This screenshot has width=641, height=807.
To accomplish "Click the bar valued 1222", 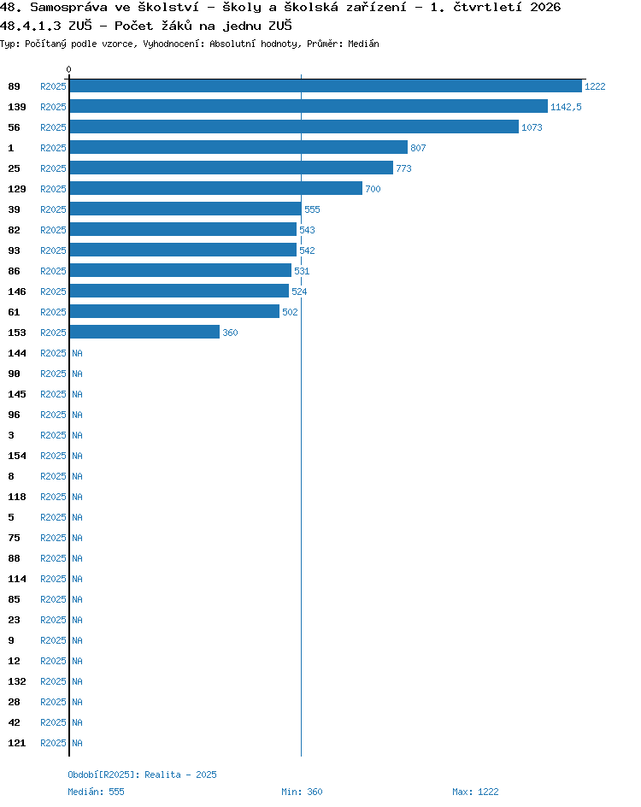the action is [x=326, y=86].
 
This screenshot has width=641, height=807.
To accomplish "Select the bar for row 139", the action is [x=309, y=107].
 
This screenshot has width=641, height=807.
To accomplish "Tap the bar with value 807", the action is [x=238, y=148].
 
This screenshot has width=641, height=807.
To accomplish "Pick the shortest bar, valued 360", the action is [x=144, y=333].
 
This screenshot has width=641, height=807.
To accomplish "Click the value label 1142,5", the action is [x=566, y=107].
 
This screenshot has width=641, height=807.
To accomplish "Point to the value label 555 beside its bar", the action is [x=312, y=209].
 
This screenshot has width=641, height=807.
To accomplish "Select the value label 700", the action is [x=373, y=189].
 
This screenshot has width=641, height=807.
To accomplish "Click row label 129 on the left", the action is [x=17, y=189].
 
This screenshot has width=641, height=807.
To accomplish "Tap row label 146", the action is [x=17, y=292].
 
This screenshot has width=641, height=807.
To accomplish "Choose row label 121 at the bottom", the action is [x=17, y=743].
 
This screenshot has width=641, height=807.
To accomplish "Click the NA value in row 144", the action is [x=77, y=353].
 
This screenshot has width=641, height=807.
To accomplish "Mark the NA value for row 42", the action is [x=77, y=722].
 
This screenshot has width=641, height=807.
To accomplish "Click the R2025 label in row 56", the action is [x=54, y=127].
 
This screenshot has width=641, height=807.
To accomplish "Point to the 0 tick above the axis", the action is [x=69, y=69].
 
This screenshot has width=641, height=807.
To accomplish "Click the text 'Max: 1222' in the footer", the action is [x=475, y=792].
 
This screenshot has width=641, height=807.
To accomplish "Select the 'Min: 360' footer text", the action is [x=302, y=792].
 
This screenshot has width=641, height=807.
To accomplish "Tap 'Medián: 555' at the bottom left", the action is [x=97, y=792].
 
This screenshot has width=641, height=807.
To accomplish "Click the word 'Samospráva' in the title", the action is [x=68, y=8].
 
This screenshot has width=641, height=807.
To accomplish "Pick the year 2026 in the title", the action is [x=546, y=7].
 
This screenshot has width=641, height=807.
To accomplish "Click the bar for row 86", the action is [x=180, y=271].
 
